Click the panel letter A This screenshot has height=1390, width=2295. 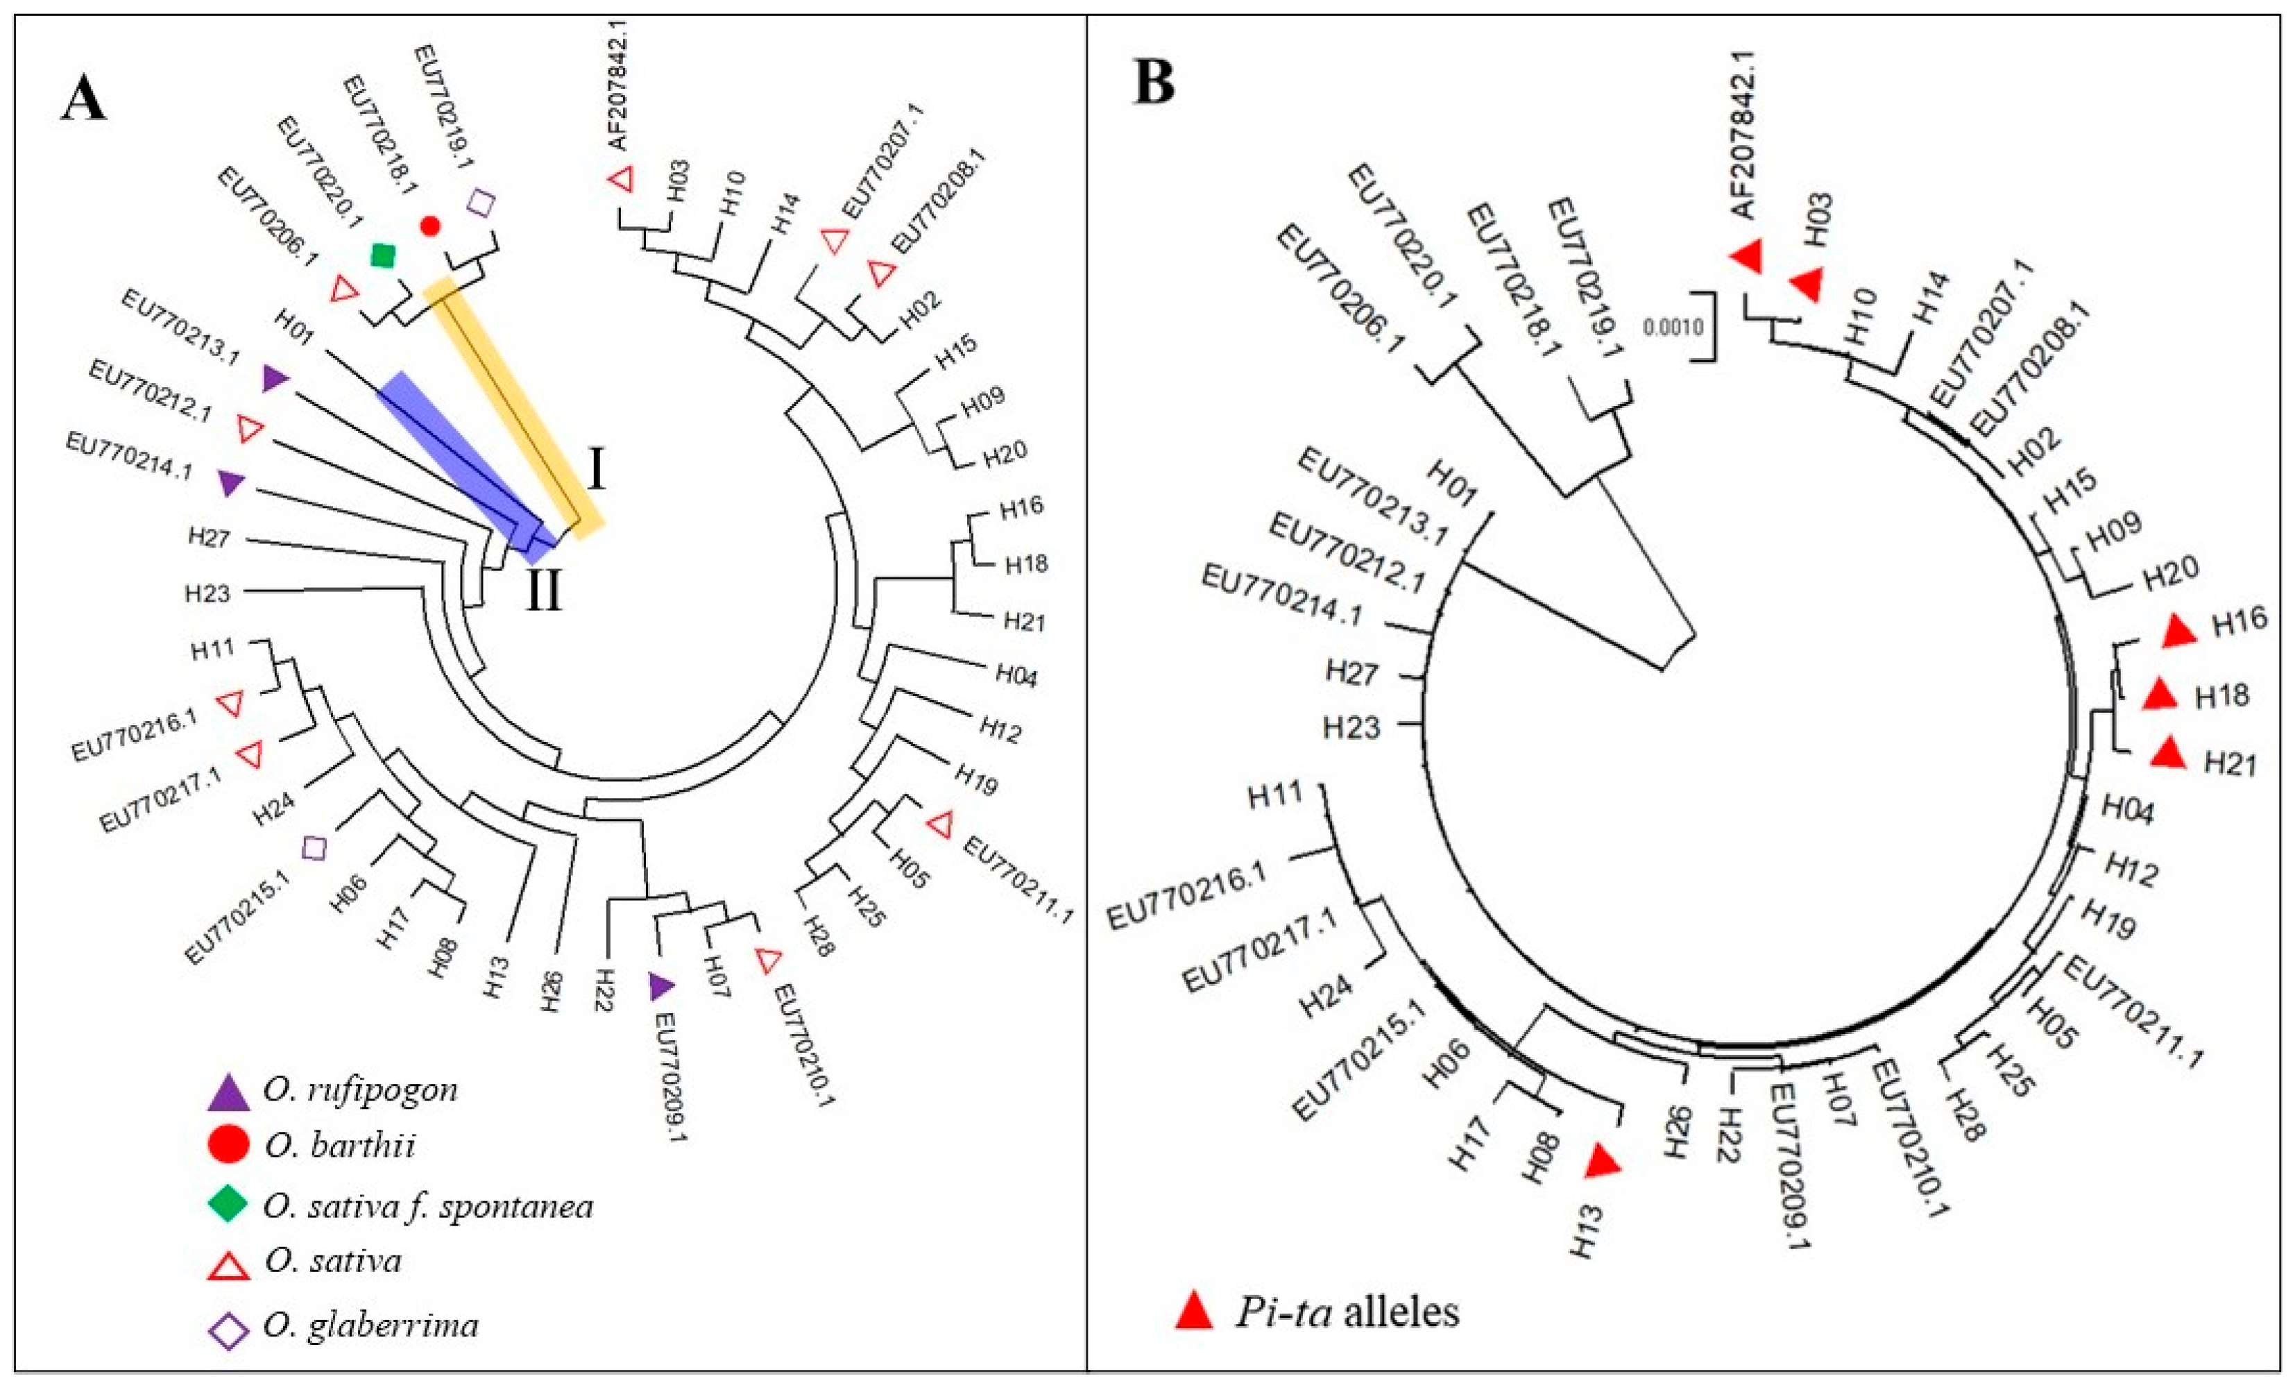[x=84, y=96]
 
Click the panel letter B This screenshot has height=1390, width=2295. [x=1154, y=81]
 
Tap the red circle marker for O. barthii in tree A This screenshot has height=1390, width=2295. [x=429, y=226]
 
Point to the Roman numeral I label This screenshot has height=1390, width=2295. [x=596, y=473]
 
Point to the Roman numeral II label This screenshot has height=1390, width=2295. [x=545, y=591]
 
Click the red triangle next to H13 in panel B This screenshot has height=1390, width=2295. [x=1604, y=1162]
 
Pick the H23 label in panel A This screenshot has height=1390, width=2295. [x=207, y=593]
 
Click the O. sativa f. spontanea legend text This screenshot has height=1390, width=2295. [x=429, y=1207]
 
